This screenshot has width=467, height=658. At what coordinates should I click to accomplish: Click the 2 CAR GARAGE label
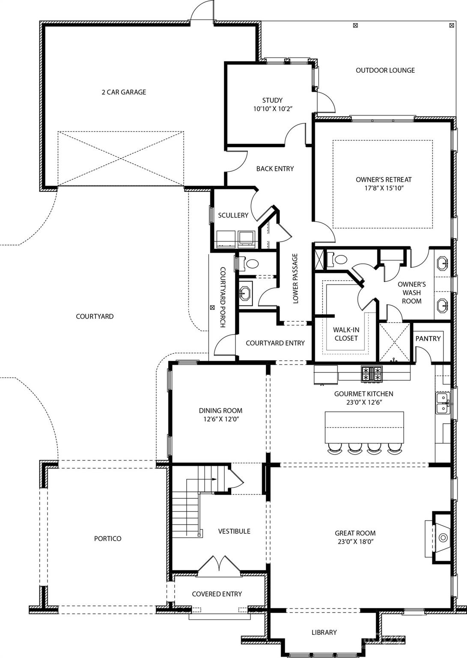tap(124, 92)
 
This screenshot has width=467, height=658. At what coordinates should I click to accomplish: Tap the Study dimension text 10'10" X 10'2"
tap(272, 109)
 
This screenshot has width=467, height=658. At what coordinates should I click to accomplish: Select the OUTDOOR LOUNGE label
tap(385, 70)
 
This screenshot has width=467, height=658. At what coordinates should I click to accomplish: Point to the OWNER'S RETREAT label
tap(384, 179)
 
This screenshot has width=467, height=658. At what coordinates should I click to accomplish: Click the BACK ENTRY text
tap(275, 169)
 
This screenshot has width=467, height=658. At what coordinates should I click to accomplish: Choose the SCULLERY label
tap(233, 215)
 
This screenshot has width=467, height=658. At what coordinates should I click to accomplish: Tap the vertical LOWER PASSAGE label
tap(295, 279)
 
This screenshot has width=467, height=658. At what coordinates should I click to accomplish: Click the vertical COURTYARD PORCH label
tap(223, 297)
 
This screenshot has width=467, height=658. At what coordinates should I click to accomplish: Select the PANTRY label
tap(428, 338)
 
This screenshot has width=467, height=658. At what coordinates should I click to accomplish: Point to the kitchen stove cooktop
tap(371, 374)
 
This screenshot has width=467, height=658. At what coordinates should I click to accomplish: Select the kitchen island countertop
tap(364, 428)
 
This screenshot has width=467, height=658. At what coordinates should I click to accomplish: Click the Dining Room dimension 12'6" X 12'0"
tap(220, 419)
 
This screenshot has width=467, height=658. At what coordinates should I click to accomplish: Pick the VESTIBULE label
tap(234, 531)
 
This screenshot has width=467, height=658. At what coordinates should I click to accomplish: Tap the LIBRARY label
tap(324, 632)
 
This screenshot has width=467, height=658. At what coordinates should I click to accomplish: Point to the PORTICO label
tap(107, 538)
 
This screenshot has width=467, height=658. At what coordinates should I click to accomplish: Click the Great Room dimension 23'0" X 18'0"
tap(355, 541)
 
